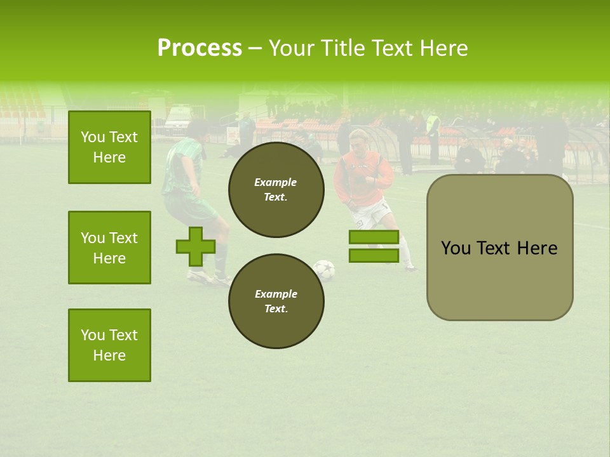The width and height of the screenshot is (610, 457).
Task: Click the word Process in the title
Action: click(200, 48)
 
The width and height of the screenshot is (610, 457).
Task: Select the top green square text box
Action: click(109, 147)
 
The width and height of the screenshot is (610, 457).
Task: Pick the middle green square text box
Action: click(109, 248)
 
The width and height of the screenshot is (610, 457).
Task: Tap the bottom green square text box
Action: click(109, 345)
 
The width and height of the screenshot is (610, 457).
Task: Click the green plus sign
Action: click(195, 246)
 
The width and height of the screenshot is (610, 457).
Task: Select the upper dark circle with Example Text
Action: click(276, 189)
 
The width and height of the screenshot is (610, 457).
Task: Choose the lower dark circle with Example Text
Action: click(276, 301)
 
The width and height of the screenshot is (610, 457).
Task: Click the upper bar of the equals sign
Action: click(374, 237)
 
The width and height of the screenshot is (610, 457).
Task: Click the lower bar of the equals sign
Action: click(374, 256)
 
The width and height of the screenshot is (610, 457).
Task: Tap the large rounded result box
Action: click(499, 248)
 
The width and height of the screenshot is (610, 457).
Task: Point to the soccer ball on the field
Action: click(324, 270)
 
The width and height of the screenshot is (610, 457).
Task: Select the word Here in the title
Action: click(441, 48)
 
